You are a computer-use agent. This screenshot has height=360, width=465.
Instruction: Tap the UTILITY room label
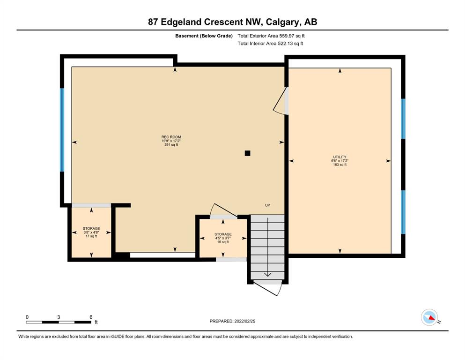[340, 157]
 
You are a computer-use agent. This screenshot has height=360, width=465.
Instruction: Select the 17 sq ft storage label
[91, 232]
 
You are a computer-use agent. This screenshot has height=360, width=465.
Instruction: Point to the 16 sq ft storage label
[223, 238]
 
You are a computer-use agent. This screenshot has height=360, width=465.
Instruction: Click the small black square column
[247, 153]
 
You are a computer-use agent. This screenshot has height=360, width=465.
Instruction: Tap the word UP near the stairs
[267, 205]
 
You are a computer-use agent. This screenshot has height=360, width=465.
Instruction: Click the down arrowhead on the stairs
[267, 275]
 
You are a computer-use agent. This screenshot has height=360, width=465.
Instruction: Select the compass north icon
[429, 317]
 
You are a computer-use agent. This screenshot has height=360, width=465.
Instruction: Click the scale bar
[59, 322]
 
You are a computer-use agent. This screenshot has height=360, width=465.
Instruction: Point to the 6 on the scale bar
[91, 317]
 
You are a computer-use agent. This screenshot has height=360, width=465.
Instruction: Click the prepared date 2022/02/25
[244, 321]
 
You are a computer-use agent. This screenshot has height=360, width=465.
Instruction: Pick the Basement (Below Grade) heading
[204, 36]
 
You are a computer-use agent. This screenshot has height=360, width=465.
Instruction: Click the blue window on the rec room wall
[62, 130]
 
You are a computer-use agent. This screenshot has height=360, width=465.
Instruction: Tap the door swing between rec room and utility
[280, 101]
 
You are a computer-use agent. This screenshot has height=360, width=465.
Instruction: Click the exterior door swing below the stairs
[267, 288]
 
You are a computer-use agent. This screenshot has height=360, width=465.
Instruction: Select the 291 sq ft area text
[171, 145]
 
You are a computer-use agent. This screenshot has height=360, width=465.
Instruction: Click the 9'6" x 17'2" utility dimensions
[340, 161]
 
